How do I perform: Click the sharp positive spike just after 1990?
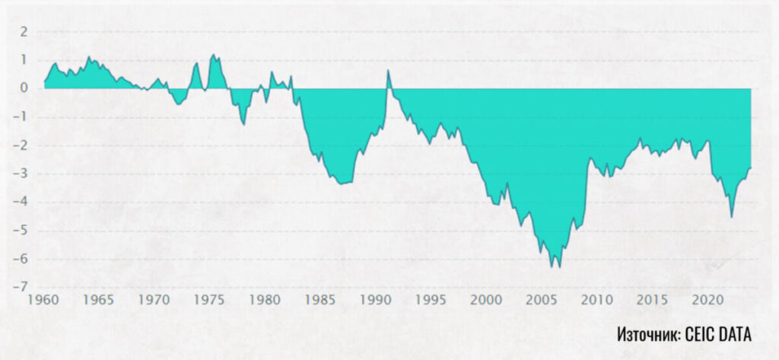(x=388, y=70)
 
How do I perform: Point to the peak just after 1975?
(x=214, y=55)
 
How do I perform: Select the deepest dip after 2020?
(x=732, y=218)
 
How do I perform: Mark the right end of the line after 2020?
(x=751, y=168)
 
